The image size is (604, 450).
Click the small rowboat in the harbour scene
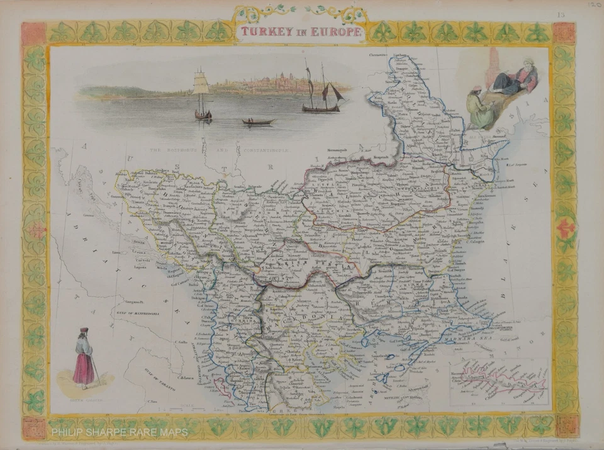tap(258, 121)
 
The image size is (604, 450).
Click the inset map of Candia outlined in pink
tap(500, 383)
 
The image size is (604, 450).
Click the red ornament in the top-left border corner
tap(34, 33)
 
